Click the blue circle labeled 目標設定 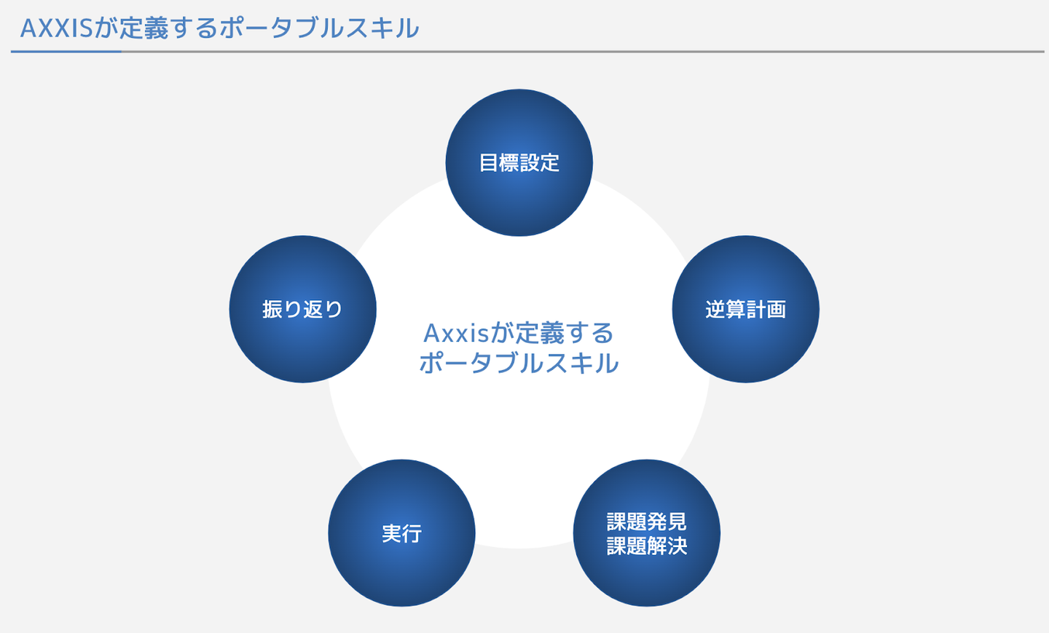[x=519, y=162]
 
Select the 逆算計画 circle [x=745, y=309]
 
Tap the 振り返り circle [x=302, y=309]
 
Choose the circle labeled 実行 [x=402, y=532]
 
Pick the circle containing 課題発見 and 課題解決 [x=647, y=532]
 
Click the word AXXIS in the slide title [x=56, y=28]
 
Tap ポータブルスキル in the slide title [x=319, y=28]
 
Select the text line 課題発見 [x=647, y=521]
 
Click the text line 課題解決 [x=647, y=546]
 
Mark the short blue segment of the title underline [x=66, y=52]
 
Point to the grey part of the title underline [x=583, y=52]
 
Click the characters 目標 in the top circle [x=499, y=163]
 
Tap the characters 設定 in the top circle [x=540, y=163]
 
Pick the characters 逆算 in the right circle [x=726, y=310]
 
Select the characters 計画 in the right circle [x=766, y=310]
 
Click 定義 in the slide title [x=144, y=28]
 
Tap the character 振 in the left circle [x=272, y=310]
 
